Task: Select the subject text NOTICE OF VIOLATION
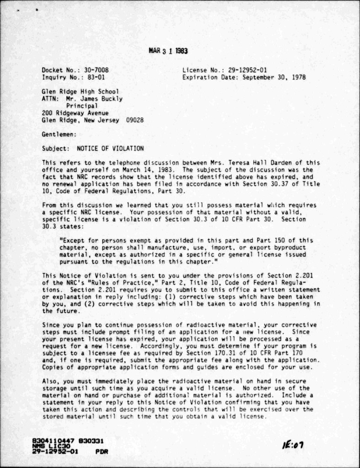point(110,149)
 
